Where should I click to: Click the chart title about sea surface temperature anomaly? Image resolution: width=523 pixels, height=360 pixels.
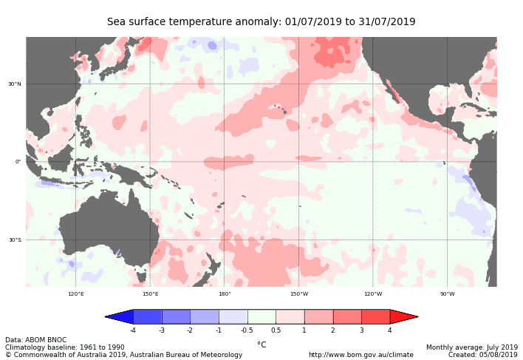(x=261, y=22)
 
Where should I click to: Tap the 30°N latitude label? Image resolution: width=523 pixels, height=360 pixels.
(x=15, y=84)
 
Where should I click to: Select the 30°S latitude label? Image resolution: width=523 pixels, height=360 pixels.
(x=15, y=240)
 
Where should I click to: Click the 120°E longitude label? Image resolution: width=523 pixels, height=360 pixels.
(x=76, y=293)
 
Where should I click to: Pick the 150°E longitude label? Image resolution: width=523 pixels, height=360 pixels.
(x=150, y=293)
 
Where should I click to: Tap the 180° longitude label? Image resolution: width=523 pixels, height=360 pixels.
(x=225, y=293)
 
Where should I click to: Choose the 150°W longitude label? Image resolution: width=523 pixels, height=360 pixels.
(x=298, y=293)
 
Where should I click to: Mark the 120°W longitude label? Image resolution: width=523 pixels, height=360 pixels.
(x=373, y=293)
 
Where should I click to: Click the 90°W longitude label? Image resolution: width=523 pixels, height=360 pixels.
(x=448, y=293)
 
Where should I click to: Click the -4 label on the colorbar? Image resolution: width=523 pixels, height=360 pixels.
(x=133, y=330)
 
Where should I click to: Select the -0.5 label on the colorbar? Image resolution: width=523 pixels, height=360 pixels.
(x=247, y=330)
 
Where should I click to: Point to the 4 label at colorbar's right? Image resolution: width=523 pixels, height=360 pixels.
(x=389, y=330)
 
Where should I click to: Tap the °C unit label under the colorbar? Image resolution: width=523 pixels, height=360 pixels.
(x=261, y=344)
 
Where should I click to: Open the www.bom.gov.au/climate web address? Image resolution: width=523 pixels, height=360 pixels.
(x=360, y=355)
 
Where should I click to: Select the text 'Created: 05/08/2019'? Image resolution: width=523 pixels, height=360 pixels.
(x=482, y=355)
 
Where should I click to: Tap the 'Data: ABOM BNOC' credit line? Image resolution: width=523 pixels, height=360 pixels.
(x=35, y=340)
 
